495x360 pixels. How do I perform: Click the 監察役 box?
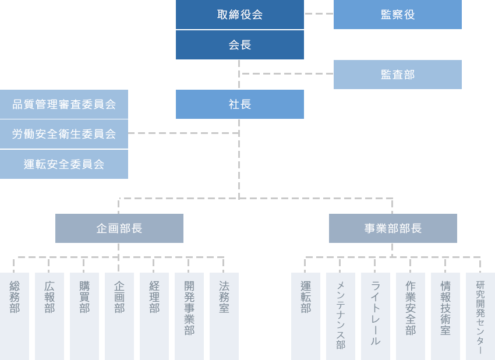(x=397, y=15)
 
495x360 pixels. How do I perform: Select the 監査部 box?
(x=397, y=74)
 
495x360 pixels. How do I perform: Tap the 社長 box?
(x=239, y=104)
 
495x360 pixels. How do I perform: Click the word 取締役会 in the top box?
(x=239, y=15)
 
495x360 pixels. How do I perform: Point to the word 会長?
(x=239, y=45)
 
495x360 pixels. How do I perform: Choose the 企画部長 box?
(x=119, y=228)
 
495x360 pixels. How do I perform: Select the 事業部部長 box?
(x=393, y=228)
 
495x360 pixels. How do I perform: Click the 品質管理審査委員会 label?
(x=64, y=104)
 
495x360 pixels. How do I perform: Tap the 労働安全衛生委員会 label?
(x=64, y=134)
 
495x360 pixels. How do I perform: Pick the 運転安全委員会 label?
(x=64, y=164)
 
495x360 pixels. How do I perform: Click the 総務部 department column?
(x=15, y=315)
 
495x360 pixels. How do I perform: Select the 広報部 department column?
(x=49, y=315)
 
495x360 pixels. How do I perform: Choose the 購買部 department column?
(x=84, y=315)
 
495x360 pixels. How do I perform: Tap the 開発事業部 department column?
(x=189, y=315)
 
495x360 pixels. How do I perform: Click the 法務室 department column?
(x=224, y=315)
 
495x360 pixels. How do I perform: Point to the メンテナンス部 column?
(x=341, y=315)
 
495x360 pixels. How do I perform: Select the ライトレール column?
(x=376, y=315)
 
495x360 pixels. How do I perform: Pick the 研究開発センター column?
(x=480, y=315)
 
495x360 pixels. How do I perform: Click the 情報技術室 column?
(x=446, y=315)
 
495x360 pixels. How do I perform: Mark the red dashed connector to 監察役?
(x=317, y=13)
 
